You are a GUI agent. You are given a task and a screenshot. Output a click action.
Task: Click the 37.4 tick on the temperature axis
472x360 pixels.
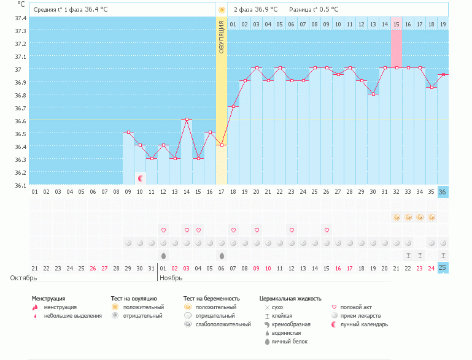pyautogui.click(x=20, y=18)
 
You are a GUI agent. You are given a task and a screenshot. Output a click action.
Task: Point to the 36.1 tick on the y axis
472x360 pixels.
pyautogui.click(x=20, y=185)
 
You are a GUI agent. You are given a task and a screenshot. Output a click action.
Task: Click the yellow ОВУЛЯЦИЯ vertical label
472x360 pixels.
pyautogui.click(x=222, y=37)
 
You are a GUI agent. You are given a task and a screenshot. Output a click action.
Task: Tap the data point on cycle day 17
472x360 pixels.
pyautogui.click(x=222, y=145)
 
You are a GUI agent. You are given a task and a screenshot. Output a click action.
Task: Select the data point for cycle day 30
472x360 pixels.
pyautogui.click(x=373, y=94)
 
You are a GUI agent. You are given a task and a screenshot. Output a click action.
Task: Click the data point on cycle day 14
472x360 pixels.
pyautogui.click(x=187, y=120)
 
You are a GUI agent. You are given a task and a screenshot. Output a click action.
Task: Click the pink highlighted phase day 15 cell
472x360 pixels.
pyautogui.click(x=397, y=24)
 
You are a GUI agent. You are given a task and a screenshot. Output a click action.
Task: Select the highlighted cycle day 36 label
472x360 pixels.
pyautogui.click(x=443, y=192)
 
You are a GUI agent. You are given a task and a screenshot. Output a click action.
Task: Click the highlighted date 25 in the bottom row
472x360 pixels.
pyautogui.click(x=443, y=268)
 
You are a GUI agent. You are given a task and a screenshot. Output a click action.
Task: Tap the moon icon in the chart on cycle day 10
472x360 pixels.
pyautogui.click(x=141, y=178)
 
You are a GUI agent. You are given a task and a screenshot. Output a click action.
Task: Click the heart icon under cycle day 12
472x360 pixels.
pyautogui.click(x=163, y=230)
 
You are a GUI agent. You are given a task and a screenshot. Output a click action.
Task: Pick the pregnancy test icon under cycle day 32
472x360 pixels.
pyautogui.click(x=397, y=217)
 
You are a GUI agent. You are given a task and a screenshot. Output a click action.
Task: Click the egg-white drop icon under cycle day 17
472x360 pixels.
pyautogui.click(x=222, y=255)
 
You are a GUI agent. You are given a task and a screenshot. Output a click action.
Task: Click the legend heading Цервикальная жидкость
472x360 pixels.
pyautogui.click(x=290, y=299)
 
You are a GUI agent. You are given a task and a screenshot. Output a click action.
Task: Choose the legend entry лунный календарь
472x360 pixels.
pyautogui.click(x=364, y=324)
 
